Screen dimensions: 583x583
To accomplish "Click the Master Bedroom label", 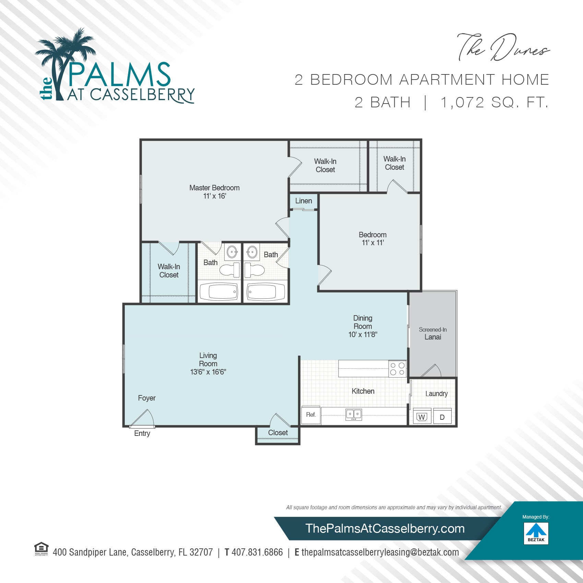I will point(214,188).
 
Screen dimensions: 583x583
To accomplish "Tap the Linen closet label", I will point(304,201).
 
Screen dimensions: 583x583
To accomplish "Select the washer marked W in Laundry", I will point(422,417).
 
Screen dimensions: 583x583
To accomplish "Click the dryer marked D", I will point(442,417).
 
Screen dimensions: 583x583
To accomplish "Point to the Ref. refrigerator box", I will point(311,415).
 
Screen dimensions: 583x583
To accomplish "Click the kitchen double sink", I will point(354,414).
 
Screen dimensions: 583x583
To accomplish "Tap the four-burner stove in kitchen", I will point(397,369).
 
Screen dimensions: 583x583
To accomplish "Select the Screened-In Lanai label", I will point(432,333).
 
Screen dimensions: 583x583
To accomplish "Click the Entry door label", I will point(142,433).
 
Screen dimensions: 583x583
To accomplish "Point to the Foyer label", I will point(146,398).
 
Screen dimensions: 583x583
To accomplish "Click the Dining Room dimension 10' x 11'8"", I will point(362,335).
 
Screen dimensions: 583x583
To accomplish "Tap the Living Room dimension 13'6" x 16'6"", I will point(208,372).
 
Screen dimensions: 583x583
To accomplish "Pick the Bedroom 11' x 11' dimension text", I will point(372,243).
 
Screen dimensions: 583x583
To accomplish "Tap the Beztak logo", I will point(536,533).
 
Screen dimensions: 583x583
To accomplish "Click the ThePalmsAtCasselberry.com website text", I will point(385,528).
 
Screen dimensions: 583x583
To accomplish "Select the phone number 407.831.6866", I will point(257,552).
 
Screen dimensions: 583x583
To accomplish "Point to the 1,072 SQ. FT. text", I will point(494,103).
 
